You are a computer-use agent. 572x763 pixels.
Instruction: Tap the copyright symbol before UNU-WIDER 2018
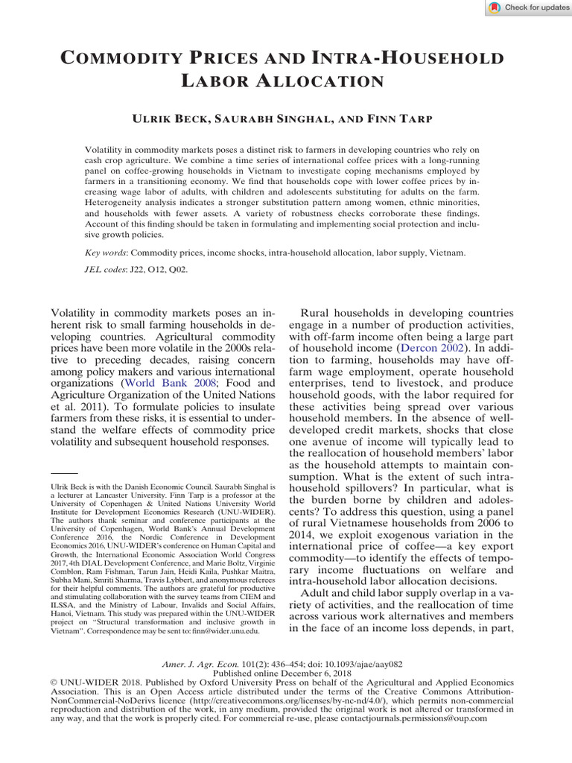pyautogui.click(x=53, y=682)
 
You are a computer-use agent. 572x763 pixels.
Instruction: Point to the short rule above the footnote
pyautogui.click(x=63, y=473)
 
